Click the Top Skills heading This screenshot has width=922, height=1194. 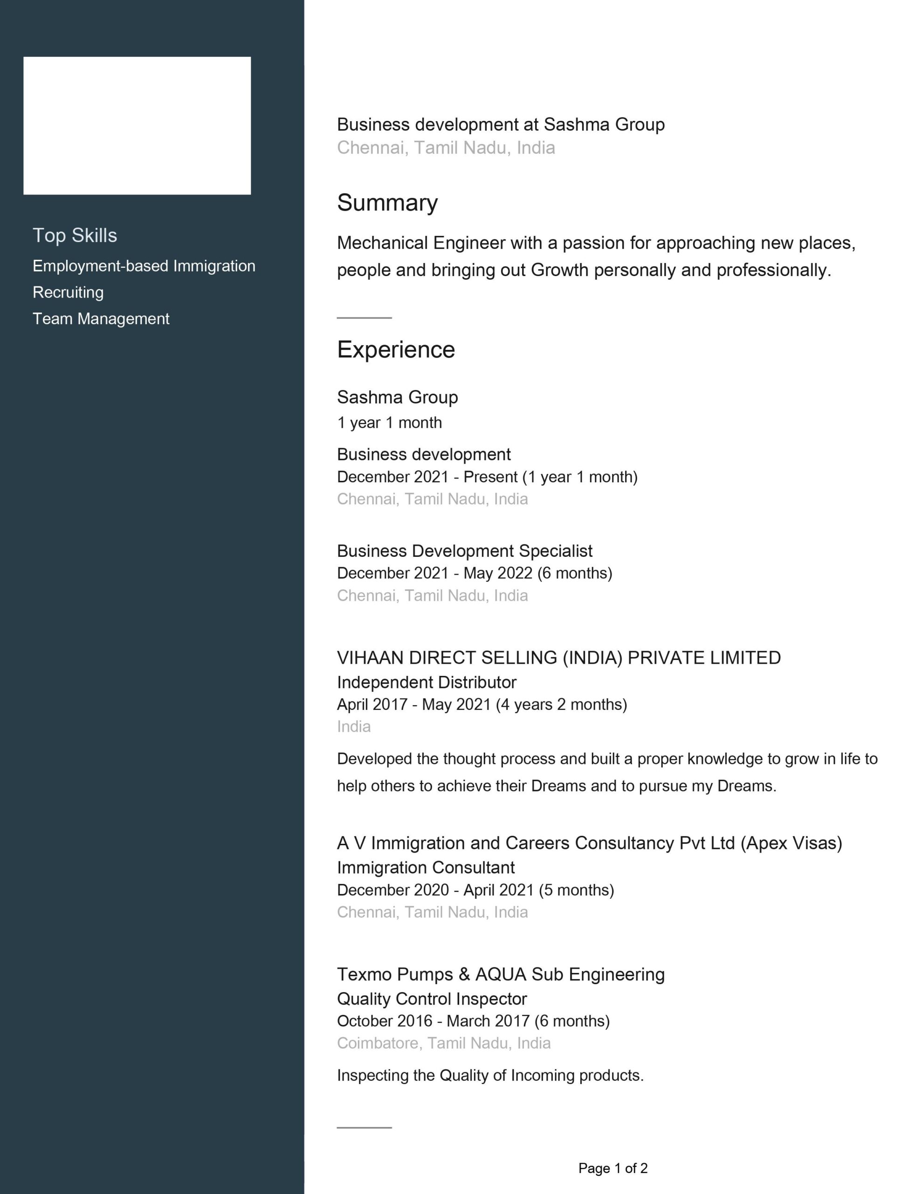click(75, 235)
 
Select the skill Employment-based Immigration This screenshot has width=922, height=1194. click(144, 266)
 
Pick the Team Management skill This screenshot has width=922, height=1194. click(101, 318)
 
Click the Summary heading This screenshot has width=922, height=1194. click(387, 202)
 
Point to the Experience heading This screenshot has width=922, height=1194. click(396, 349)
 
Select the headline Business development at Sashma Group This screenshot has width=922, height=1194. click(501, 124)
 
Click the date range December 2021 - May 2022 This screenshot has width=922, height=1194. click(475, 573)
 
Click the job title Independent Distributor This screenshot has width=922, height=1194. click(427, 682)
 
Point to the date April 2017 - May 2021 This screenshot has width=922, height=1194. click(482, 704)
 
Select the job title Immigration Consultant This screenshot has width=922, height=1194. click(426, 867)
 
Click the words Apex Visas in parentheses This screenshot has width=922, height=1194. click(791, 842)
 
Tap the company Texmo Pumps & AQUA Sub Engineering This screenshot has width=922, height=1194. click(501, 974)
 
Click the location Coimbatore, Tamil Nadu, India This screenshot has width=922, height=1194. click(444, 1042)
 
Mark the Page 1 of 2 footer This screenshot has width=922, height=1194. click(612, 1168)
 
